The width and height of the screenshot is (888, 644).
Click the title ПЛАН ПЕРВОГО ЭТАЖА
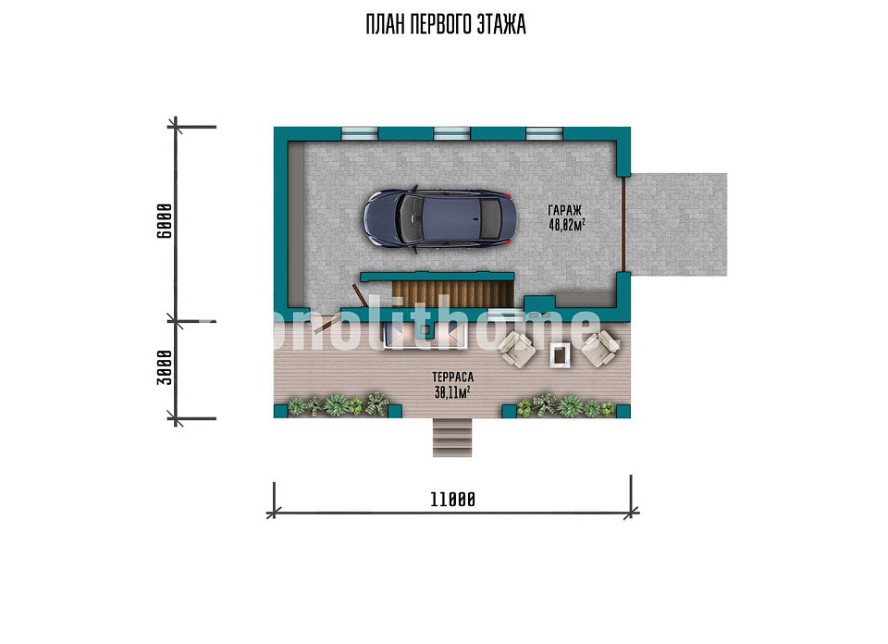[x=446, y=25]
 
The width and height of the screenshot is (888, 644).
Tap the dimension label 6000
[x=165, y=221]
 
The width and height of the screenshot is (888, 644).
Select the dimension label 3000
[x=165, y=367]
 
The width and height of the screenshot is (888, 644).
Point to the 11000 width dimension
[x=452, y=500]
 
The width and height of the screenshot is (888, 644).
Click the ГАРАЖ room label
[x=564, y=211]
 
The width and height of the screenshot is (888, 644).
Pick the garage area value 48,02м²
[x=566, y=225]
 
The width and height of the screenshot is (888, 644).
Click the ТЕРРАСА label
[x=452, y=377]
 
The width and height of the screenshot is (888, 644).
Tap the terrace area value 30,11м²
[x=452, y=391]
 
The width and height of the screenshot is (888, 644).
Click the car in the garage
[x=439, y=218]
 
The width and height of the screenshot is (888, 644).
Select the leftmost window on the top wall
[x=359, y=133]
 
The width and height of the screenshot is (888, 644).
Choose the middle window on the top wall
[x=452, y=133]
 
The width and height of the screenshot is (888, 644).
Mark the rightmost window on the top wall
[x=544, y=133]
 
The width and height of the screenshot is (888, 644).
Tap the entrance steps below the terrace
[x=452, y=438]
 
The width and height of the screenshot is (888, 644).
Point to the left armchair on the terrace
[x=516, y=349]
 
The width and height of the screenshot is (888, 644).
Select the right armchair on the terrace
[x=600, y=348]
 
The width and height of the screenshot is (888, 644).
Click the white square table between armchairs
[x=560, y=355]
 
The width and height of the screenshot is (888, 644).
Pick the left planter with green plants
[x=339, y=405]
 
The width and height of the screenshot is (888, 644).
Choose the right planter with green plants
[x=566, y=406]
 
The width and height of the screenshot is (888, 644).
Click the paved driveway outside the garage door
[x=678, y=224]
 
